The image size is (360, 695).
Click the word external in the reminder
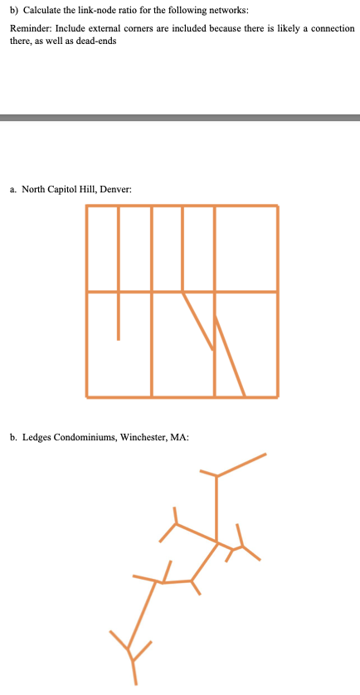pos(110,28)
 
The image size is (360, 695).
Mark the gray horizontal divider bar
pos(180,118)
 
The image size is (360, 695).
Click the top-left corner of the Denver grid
pos(86,206)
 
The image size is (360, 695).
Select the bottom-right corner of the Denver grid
pos(277,396)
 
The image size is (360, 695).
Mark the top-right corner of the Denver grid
pos(277,206)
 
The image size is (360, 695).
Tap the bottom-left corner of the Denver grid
pos(86,396)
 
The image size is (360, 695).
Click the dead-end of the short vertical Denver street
pos(119,338)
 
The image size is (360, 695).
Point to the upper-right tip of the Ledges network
pos(265,454)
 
